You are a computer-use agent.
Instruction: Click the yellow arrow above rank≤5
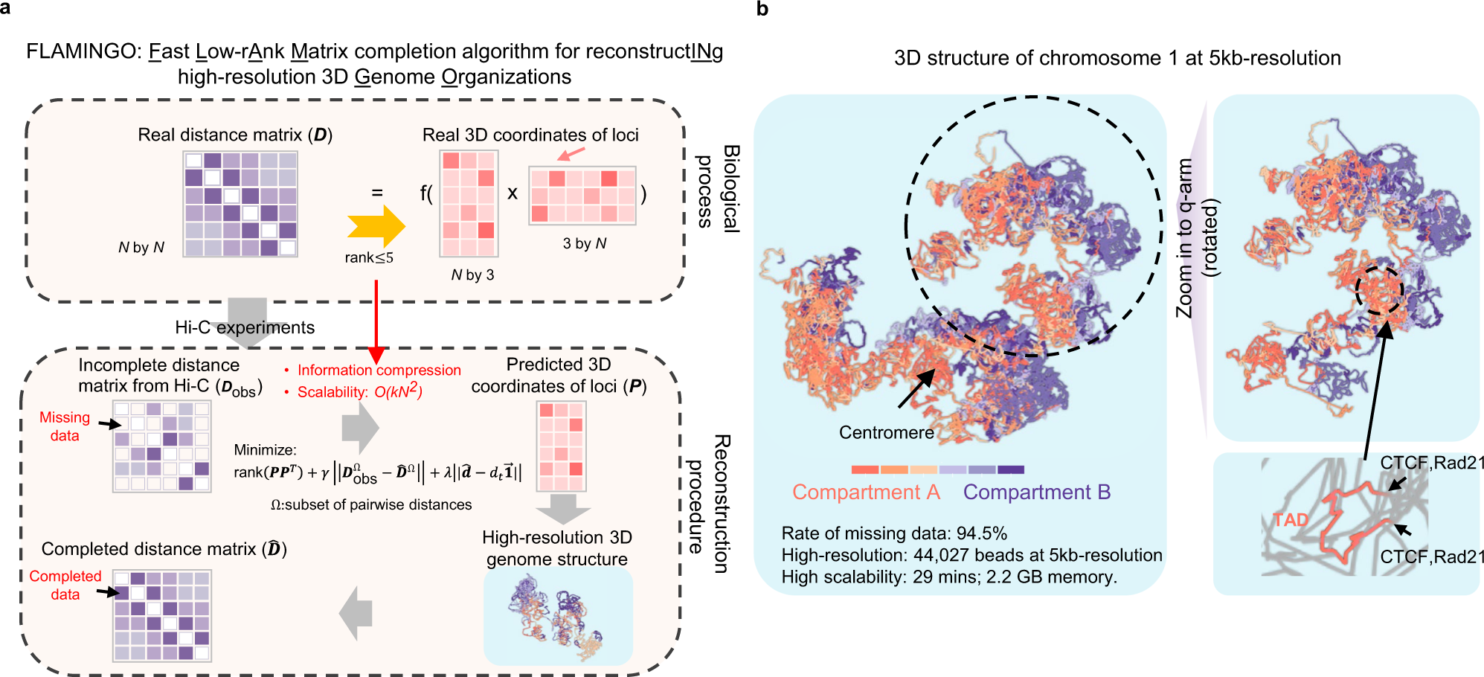(x=376, y=226)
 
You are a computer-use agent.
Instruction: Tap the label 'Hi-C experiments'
(x=245, y=327)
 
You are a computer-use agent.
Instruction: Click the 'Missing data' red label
(x=65, y=426)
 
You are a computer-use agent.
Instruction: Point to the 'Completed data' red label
(x=65, y=585)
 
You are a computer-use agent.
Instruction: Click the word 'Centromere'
(x=886, y=432)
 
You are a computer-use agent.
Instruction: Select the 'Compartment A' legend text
(x=866, y=492)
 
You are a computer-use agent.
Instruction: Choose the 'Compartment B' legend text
(x=1036, y=492)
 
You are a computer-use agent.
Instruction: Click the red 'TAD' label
(x=1291, y=519)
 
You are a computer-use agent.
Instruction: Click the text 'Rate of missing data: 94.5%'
(x=894, y=533)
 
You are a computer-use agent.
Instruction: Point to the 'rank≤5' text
(x=369, y=257)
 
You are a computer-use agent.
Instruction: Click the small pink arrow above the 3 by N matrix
(x=571, y=153)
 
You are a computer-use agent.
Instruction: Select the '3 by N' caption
(x=585, y=243)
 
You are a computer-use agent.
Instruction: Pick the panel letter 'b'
(x=762, y=9)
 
